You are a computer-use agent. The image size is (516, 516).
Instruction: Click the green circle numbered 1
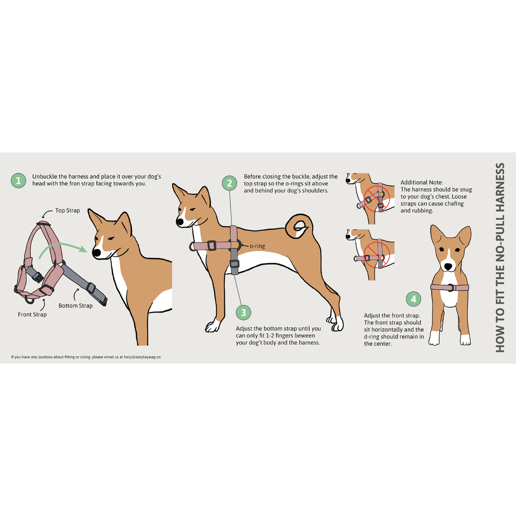click(x=18, y=181)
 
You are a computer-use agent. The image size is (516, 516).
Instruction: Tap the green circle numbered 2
click(x=230, y=183)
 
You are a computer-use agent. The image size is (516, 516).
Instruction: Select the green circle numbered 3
click(x=243, y=313)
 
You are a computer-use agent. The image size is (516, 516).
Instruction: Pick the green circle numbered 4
click(x=413, y=299)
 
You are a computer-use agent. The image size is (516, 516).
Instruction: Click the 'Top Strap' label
click(x=68, y=210)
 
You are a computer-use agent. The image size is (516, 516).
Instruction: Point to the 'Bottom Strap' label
click(x=76, y=306)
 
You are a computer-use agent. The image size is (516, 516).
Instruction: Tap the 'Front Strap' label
click(x=32, y=314)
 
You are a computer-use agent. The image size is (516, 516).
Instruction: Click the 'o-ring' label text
click(x=257, y=246)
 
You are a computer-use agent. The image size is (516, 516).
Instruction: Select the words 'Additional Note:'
click(x=422, y=182)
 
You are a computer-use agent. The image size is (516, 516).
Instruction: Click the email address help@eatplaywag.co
click(x=142, y=357)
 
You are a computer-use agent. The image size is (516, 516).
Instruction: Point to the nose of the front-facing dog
click(x=448, y=267)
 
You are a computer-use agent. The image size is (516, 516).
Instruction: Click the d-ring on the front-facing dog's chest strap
click(x=451, y=288)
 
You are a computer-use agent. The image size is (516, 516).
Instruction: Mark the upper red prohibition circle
click(x=377, y=199)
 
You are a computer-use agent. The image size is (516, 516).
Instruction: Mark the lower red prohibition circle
click(x=377, y=255)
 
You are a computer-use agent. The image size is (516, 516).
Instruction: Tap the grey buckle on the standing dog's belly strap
click(x=234, y=264)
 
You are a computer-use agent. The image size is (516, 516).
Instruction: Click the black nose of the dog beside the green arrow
click(x=96, y=252)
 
